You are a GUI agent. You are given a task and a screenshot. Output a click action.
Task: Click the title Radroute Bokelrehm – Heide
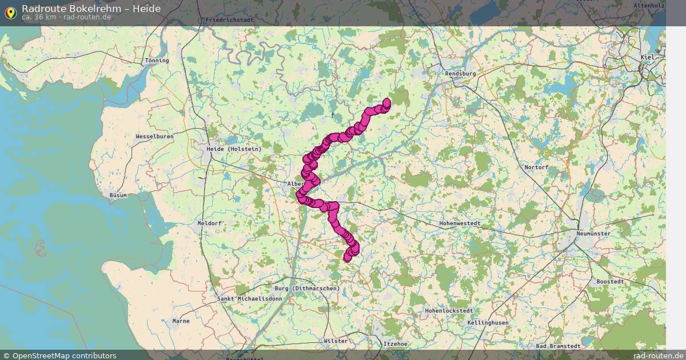click(x=91, y=9)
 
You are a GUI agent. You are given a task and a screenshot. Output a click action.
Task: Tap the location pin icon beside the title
click(x=10, y=13)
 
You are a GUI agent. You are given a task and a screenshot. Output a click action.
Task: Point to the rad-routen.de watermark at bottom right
click(x=658, y=355)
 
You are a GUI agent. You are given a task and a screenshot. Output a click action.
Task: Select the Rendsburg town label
click(x=460, y=74)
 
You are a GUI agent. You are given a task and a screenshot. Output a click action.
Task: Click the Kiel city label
click(x=647, y=58)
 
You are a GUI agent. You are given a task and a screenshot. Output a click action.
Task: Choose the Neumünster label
click(x=593, y=234)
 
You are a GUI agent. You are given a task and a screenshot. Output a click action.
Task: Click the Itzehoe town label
click(x=396, y=343)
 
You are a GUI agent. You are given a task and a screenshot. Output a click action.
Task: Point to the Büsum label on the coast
click(x=118, y=195)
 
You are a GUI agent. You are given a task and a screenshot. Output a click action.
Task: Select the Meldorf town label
click(x=209, y=223)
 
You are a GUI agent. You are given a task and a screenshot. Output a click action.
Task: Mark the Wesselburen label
click(x=154, y=137)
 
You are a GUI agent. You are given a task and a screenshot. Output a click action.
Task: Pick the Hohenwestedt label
click(x=460, y=223)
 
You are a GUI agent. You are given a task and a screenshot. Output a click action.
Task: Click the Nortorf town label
click(x=536, y=167)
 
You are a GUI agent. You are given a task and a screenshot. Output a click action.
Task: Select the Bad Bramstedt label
click(x=558, y=346)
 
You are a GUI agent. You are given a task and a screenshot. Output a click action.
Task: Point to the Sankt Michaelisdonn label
click(x=250, y=299)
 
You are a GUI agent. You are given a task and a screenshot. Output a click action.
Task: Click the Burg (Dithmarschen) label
click(x=307, y=289)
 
